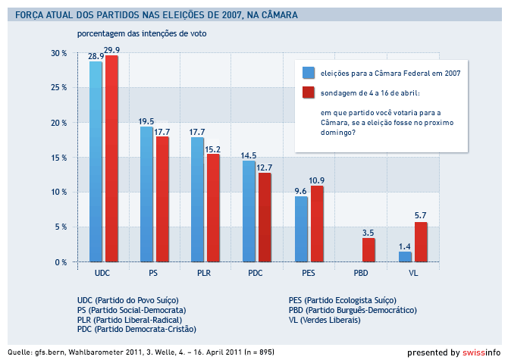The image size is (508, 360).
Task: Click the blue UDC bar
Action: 96,161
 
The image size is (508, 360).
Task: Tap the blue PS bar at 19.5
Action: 146,194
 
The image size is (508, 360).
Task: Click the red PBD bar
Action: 368,249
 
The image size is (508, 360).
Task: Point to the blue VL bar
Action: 405,257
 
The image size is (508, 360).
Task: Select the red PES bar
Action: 317,224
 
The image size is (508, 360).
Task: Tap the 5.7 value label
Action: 422,217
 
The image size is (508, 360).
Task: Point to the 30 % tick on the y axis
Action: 60,53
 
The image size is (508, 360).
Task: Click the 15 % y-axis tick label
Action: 60,158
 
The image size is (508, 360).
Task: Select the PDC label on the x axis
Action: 256,271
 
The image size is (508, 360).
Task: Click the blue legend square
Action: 309,74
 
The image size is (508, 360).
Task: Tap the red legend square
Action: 309,92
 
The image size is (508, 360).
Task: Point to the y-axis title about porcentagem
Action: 141,34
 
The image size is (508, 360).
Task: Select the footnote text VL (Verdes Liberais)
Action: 325,320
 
